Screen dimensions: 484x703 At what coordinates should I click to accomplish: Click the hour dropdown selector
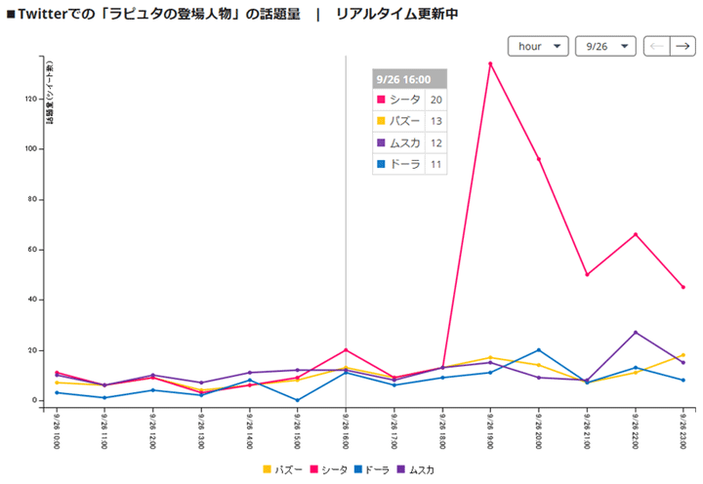pyautogui.click(x=538, y=46)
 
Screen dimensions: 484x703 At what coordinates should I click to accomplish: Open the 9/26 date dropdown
pyautogui.click(x=605, y=46)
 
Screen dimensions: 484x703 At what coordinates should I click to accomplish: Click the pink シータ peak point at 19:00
pyautogui.click(x=490, y=64)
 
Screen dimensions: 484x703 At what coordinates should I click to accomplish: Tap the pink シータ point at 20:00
pyautogui.click(x=539, y=159)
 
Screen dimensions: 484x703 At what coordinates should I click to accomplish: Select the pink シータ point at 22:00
pyautogui.click(x=636, y=234)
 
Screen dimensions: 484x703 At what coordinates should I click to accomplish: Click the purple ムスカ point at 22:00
pyautogui.click(x=636, y=333)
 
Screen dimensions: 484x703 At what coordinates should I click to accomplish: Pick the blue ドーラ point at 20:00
pyautogui.click(x=539, y=350)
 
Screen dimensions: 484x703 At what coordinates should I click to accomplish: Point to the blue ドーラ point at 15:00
pyautogui.click(x=297, y=400)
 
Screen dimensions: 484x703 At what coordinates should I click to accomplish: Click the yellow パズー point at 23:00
pyautogui.click(x=683, y=355)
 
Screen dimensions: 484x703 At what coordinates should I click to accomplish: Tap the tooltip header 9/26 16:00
pyautogui.click(x=409, y=79)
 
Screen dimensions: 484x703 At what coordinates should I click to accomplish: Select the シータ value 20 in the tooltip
pyautogui.click(x=436, y=100)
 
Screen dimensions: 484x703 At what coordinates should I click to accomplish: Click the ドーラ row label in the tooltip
pyautogui.click(x=404, y=164)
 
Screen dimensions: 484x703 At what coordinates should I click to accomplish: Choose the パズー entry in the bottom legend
pyautogui.click(x=282, y=469)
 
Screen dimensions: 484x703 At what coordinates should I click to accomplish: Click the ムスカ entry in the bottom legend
pyautogui.click(x=415, y=469)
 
